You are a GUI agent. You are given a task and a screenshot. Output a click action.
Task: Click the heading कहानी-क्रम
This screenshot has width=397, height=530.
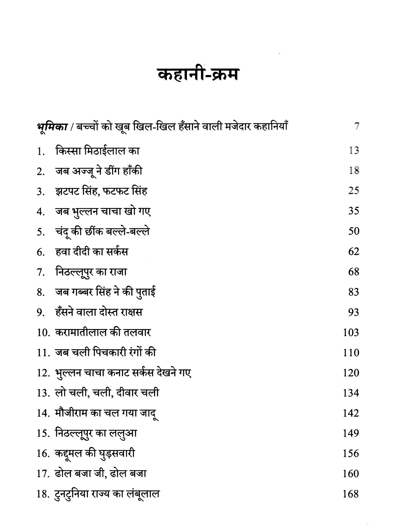(198, 75)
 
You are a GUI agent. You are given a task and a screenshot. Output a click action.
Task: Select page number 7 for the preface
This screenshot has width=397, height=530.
(356, 127)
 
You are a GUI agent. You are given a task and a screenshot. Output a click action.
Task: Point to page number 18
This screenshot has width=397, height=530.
(354, 171)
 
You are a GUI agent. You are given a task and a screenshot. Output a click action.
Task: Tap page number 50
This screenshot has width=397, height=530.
(354, 231)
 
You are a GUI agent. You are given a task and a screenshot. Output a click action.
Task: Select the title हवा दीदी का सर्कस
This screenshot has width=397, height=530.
(92, 252)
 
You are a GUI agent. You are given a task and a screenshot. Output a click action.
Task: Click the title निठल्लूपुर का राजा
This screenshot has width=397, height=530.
(91, 272)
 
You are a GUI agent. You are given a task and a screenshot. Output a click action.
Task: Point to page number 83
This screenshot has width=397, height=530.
(354, 292)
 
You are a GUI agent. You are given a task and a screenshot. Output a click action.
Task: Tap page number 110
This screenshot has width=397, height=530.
(351, 353)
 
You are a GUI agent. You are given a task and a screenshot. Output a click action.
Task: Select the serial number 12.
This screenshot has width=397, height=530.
(43, 373)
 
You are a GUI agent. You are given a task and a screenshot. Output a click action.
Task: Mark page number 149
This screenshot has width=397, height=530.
(351, 434)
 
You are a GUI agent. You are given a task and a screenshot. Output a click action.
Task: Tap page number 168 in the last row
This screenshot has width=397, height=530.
(351, 494)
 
